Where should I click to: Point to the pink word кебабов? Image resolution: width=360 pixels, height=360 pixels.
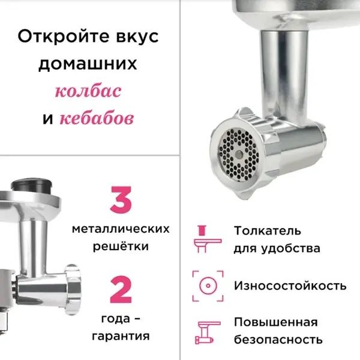click(96, 118)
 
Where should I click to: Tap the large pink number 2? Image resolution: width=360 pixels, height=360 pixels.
click(121, 290)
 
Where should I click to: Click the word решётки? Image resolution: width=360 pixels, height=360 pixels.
click(121, 246)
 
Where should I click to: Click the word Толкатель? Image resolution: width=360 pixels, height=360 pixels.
click(268, 231)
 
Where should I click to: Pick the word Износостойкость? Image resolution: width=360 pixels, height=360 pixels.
click(290, 285)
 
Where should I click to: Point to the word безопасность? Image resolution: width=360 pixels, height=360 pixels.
click(278, 340)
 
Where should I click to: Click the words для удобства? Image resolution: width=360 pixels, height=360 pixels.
click(277, 248)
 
